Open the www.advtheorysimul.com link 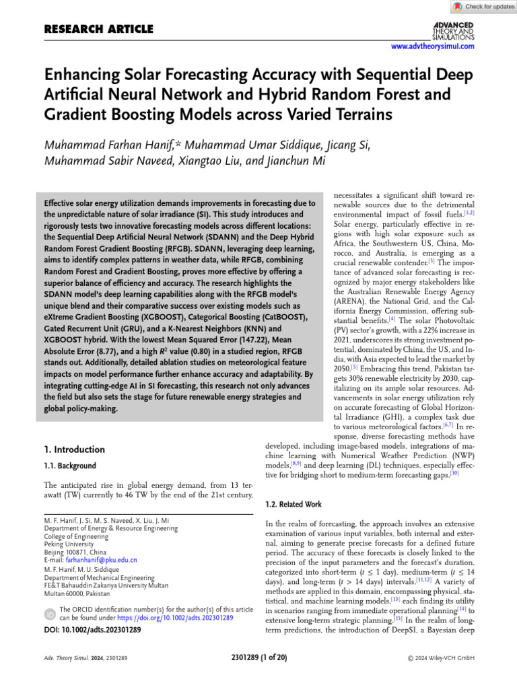click(x=433, y=46)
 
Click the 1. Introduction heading click(x=74, y=449)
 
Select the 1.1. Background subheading click(x=70, y=466)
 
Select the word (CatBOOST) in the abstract click(x=279, y=317)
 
